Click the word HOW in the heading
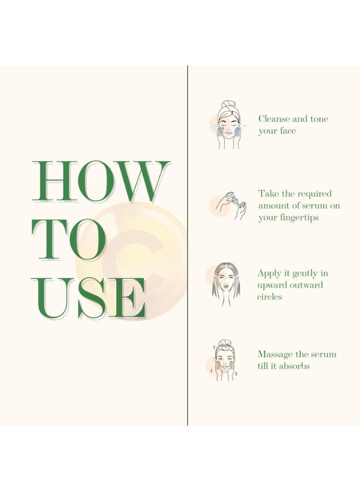(x=101, y=181)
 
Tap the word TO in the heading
(x=69, y=240)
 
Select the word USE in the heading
(x=89, y=298)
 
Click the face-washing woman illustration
(x=229, y=124)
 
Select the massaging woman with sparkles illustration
(x=224, y=360)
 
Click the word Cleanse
(x=274, y=119)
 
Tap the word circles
(x=269, y=297)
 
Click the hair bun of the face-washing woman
(x=228, y=104)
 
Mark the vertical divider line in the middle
(x=188, y=245)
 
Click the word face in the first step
(x=287, y=131)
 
